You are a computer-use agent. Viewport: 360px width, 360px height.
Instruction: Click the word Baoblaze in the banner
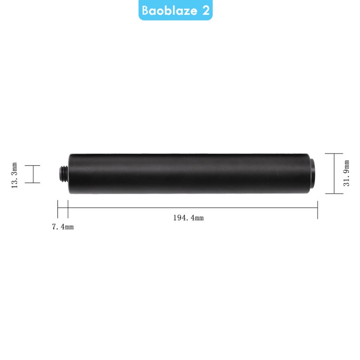tap(170, 10)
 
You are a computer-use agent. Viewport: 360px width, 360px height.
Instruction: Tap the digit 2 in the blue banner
tap(206, 10)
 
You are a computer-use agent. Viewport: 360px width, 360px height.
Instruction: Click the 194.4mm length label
tap(188, 218)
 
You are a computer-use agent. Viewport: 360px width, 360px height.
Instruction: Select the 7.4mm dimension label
tap(63, 227)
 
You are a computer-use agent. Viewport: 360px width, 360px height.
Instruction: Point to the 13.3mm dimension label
tap(14, 175)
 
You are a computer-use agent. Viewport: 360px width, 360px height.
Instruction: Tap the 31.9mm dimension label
tap(346, 173)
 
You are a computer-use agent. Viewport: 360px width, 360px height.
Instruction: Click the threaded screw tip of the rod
tap(63, 174)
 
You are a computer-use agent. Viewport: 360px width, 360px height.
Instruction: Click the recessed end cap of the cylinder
tap(312, 174)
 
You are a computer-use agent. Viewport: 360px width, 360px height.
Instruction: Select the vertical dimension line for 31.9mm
tap(334, 174)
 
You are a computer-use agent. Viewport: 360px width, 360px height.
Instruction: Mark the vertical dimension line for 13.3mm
tap(33, 174)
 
